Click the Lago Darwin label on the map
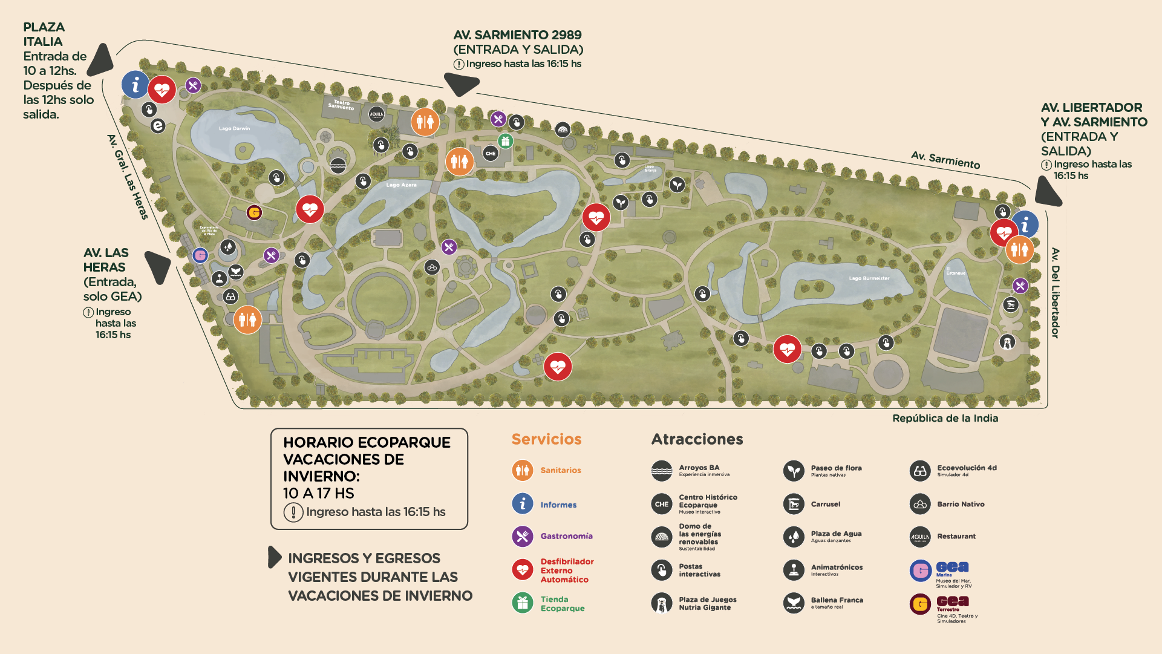(x=234, y=128)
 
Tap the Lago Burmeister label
(x=869, y=278)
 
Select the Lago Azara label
(x=401, y=185)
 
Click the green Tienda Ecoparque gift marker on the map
(x=506, y=141)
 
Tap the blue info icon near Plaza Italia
(x=135, y=85)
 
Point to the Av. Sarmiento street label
(x=945, y=160)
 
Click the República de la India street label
(x=945, y=418)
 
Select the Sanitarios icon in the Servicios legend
(x=522, y=470)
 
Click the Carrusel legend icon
(x=793, y=504)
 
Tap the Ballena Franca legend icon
(x=793, y=603)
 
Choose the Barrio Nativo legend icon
(x=919, y=504)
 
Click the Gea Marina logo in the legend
(x=920, y=570)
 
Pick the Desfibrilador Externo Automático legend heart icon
(x=522, y=570)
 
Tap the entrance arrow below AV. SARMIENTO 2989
(x=461, y=83)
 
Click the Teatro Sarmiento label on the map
(x=341, y=105)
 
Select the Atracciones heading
(x=697, y=439)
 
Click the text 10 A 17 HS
(x=319, y=493)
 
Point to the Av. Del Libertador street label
(x=1055, y=293)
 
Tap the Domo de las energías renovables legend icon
(x=661, y=537)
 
